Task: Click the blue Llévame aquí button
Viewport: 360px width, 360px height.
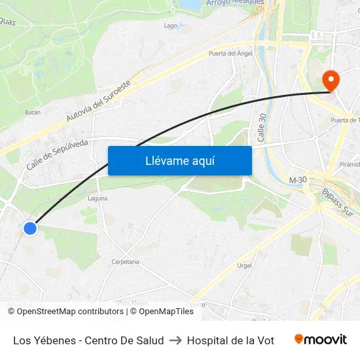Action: [x=179, y=160]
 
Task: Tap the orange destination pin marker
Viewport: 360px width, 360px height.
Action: [x=331, y=81]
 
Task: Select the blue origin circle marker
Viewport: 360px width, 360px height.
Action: [x=30, y=228]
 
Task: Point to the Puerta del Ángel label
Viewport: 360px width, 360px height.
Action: [x=230, y=54]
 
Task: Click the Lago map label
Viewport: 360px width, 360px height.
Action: [x=171, y=26]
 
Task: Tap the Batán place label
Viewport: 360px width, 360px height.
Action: [x=33, y=113]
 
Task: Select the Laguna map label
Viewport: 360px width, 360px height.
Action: [x=98, y=198]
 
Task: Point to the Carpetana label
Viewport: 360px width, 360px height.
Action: [x=125, y=262]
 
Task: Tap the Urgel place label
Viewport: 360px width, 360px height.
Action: [x=244, y=266]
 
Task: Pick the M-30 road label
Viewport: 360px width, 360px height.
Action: [x=298, y=180]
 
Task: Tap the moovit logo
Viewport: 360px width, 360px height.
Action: [x=321, y=340]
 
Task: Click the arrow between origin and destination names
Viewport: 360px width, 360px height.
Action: [x=175, y=340]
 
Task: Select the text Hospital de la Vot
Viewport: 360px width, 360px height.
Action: [x=230, y=340]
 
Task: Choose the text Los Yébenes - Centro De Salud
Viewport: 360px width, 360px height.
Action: [x=88, y=340]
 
